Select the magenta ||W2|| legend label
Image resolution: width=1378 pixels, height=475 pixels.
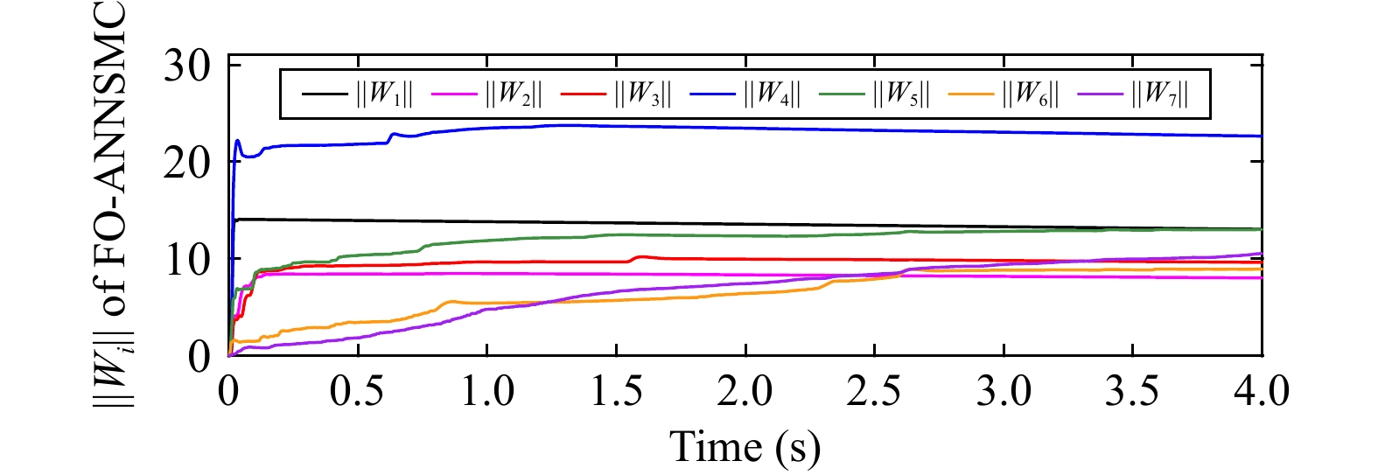pyautogui.click(x=514, y=94)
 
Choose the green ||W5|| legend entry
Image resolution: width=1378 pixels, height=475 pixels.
pyautogui.click(x=901, y=94)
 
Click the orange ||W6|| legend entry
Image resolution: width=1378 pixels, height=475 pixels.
pyautogui.click(x=1031, y=94)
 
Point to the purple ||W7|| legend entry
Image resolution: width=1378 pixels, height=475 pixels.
pyautogui.click(x=1160, y=94)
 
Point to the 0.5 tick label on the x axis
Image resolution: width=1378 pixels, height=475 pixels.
pyautogui.click(x=357, y=391)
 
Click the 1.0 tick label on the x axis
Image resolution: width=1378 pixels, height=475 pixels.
pyautogui.click(x=486, y=391)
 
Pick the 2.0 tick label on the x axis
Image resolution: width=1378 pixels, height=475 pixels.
pyautogui.click(x=745, y=391)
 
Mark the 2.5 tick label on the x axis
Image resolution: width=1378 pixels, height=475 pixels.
pyautogui.click(x=874, y=391)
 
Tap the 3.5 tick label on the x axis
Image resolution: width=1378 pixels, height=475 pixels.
pyautogui.click(x=1132, y=391)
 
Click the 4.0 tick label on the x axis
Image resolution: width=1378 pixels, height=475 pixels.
pyautogui.click(x=1260, y=391)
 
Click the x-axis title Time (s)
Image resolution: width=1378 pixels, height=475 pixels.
pyautogui.click(x=745, y=447)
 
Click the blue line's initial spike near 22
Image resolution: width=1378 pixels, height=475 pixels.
pyautogui.click(x=238, y=141)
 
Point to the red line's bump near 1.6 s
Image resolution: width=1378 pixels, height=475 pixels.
pyautogui.click(x=641, y=256)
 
